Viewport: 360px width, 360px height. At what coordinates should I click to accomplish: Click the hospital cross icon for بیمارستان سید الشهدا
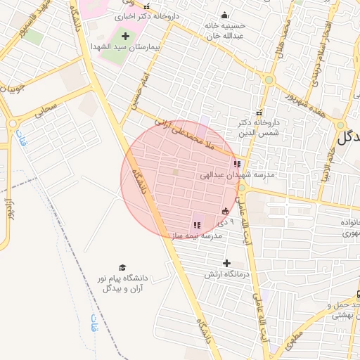(x=125, y=35)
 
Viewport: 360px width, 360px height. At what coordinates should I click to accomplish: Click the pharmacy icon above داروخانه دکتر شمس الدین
(x=259, y=113)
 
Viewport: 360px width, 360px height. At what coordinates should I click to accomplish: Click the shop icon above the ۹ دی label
(x=225, y=211)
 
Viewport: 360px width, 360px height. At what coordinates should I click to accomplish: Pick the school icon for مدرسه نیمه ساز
(x=197, y=225)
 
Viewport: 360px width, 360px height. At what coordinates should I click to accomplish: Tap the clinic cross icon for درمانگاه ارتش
(x=226, y=263)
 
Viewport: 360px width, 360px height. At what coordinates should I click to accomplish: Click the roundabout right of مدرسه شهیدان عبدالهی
(x=241, y=188)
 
